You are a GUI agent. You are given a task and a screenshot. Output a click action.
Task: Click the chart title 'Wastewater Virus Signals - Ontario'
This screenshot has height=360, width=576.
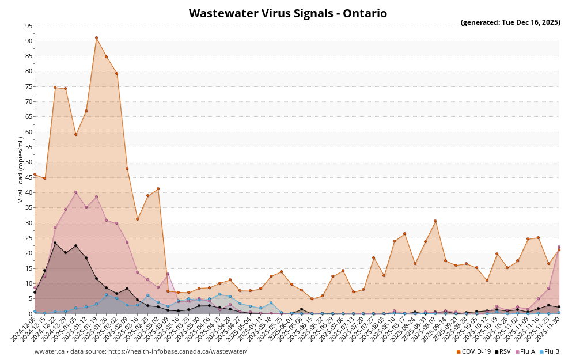pyautogui.click(x=287, y=13)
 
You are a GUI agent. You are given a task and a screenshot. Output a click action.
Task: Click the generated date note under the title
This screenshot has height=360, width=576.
pyautogui.click(x=510, y=23)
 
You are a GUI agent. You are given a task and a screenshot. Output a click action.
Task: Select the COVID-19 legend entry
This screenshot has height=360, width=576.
pyautogui.click(x=474, y=351)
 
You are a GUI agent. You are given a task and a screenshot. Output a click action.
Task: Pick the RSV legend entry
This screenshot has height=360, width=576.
pyautogui.click(x=502, y=351)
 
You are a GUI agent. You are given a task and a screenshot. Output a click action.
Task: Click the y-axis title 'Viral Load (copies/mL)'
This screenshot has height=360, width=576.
pyautogui.click(x=21, y=169)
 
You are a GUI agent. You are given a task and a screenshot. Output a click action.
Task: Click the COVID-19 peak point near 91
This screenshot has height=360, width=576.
pyautogui.click(x=96, y=38)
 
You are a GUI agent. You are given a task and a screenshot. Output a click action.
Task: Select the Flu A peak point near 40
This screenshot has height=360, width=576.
pyautogui.click(x=75, y=192)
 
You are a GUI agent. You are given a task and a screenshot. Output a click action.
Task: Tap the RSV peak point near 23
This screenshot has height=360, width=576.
pyautogui.click(x=55, y=243)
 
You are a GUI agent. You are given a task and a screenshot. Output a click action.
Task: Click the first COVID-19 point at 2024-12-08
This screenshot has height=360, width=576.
pyautogui.click(x=35, y=174)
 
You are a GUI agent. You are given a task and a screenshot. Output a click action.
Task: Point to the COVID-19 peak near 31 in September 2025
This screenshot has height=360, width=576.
pyautogui.click(x=435, y=221)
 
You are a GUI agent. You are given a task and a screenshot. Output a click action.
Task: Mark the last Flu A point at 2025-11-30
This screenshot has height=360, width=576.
pyautogui.click(x=559, y=247)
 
